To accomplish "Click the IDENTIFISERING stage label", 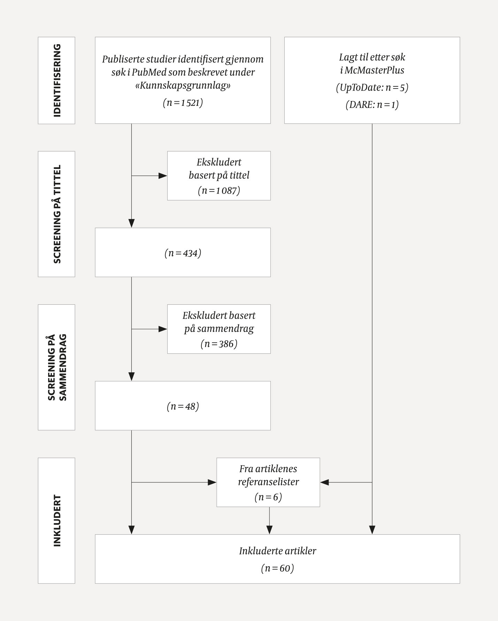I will click(x=56, y=80).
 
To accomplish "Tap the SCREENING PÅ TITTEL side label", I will click(x=56, y=214).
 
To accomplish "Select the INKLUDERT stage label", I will click(x=56, y=520).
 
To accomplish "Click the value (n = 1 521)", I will click(x=183, y=103).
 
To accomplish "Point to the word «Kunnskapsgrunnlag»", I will click(x=183, y=86).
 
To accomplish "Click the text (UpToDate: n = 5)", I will click(x=372, y=87).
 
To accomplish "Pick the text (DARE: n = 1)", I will click(x=372, y=104).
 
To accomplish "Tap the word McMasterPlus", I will click(x=374, y=70).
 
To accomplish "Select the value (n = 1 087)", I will click(x=219, y=191).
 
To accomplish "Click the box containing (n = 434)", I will click(x=183, y=253).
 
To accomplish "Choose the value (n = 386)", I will click(x=219, y=344).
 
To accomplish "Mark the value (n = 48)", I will click(x=183, y=406).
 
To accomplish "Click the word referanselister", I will click(x=268, y=482).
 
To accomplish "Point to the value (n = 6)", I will click(x=268, y=497).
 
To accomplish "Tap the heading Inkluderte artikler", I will click(x=277, y=551).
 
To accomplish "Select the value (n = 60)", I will click(x=277, y=568).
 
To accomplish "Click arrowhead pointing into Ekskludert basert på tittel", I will click(x=163, y=176).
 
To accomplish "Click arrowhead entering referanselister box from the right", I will click(x=324, y=482).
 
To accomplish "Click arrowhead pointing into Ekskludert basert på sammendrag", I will click(x=163, y=329).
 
